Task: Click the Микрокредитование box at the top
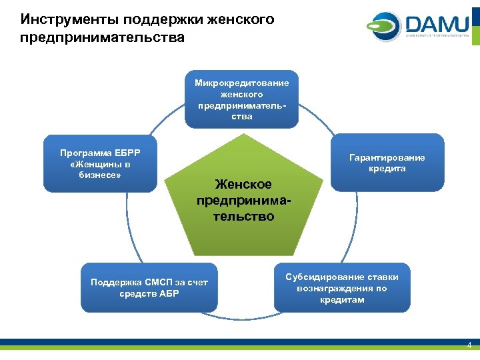(241, 99)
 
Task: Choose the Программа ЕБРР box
(100, 163)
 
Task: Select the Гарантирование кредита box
(387, 163)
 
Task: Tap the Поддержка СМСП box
(149, 287)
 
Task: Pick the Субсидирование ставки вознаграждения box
(342, 287)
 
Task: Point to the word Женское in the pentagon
(243, 184)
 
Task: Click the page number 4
(469, 345)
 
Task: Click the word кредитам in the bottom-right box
(342, 300)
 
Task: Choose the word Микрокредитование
(241, 83)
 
